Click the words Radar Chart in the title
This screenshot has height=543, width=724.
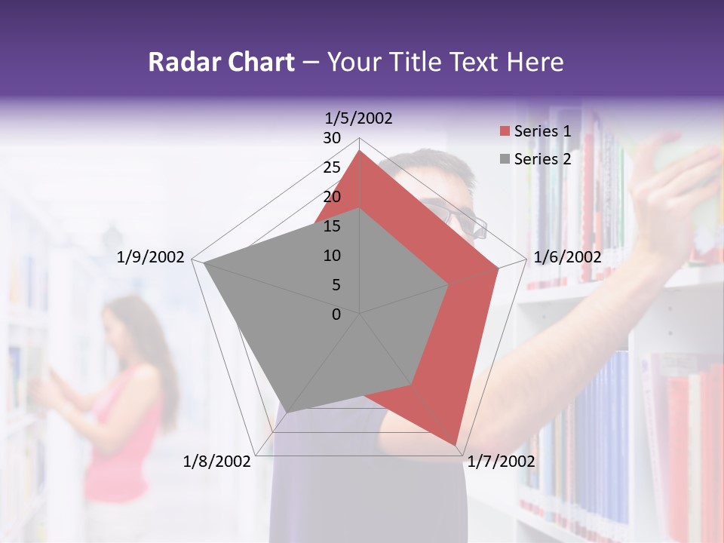[x=221, y=63]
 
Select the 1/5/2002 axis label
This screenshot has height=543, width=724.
[x=359, y=118]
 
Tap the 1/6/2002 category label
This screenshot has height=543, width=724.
[x=567, y=257]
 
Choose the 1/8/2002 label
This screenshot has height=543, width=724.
[x=217, y=462]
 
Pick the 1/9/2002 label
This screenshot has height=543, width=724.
[x=151, y=257]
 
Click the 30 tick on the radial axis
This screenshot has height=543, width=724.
[x=332, y=138]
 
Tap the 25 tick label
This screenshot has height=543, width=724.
[x=332, y=167]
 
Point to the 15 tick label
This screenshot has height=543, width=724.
[x=332, y=226]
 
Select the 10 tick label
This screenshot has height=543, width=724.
[x=332, y=256]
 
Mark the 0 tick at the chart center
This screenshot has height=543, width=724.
[x=336, y=314]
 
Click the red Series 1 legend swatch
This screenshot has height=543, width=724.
[x=504, y=132]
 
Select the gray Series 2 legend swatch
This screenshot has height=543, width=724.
[x=504, y=159]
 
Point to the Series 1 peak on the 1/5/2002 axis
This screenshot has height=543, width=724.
[x=360, y=151]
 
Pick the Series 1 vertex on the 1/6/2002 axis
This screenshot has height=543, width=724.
[x=499, y=268]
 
